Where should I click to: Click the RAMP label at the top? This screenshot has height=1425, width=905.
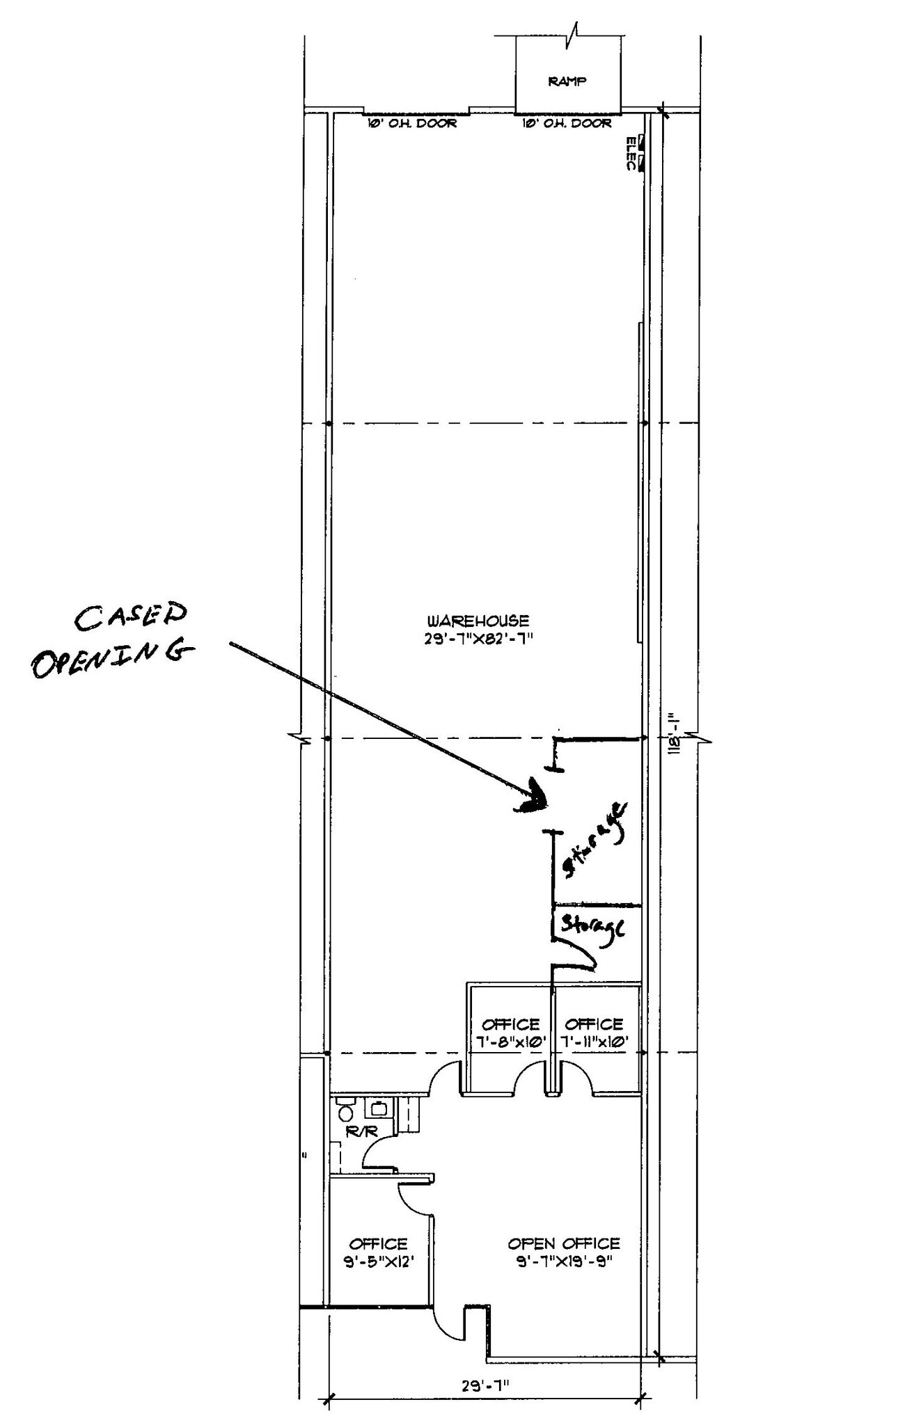[x=567, y=81]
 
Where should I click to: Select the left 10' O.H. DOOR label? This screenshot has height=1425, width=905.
[x=412, y=124]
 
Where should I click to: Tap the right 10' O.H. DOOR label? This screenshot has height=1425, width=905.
[x=567, y=124]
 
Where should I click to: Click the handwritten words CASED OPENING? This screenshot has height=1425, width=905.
[x=111, y=640]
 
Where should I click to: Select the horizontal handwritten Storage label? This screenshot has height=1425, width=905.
[x=593, y=927]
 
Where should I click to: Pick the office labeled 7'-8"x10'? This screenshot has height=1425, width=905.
[x=510, y=1033]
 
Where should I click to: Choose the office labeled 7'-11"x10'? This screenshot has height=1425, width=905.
[x=594, y=1033]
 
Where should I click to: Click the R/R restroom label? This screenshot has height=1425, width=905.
[x=361, y=1132]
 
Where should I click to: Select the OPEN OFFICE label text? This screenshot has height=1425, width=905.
[x=563, y=1243]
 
